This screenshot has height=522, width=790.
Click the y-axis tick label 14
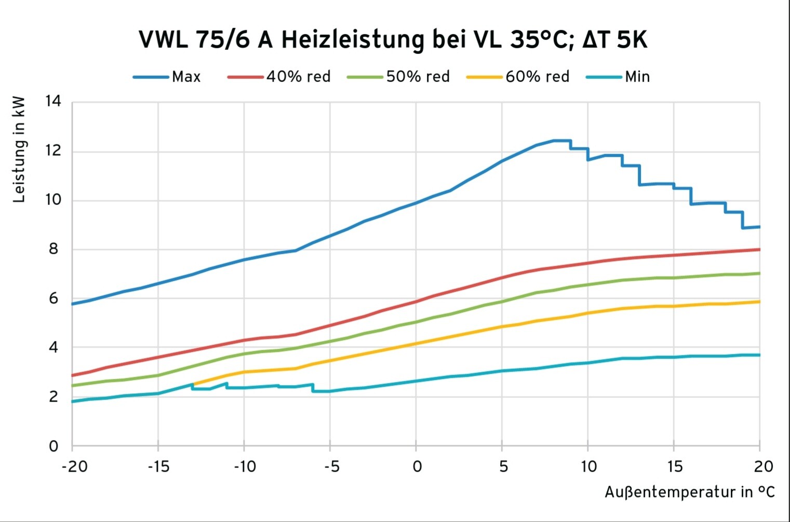53,101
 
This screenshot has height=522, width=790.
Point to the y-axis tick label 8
53,250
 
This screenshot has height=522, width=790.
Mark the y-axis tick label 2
53,397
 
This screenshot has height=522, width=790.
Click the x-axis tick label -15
158,467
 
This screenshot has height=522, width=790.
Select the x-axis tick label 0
417,467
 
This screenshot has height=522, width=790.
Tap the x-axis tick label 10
588,467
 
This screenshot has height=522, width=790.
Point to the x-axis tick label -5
331,467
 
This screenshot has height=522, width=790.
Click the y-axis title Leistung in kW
19,149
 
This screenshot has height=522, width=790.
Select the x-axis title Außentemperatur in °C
689,492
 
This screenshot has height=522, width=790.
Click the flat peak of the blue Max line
562,140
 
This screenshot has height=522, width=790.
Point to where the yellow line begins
193,384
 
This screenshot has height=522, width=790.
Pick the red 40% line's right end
759,250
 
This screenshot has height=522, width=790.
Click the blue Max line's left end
73,304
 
